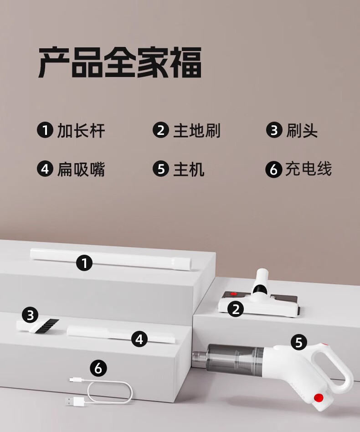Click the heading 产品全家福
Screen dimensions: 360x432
click(120, 62)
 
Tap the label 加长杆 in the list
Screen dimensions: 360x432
click(81, 130)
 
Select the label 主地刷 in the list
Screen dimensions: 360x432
click(197, 130)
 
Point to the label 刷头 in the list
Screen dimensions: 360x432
click(302, 130)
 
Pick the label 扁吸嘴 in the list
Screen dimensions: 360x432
click(81, 169)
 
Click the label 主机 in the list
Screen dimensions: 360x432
click(189, 169)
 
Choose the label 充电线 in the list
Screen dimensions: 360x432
click(308, 169)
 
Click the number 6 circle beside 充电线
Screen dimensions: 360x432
click(273, 169)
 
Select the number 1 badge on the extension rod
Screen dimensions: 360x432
click(84, 263)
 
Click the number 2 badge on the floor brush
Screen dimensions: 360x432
click(236, 309)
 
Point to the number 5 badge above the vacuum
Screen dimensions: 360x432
click(299, 343)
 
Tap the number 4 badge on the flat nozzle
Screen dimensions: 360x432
click(139, 339)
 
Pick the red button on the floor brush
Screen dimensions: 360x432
click(234, 294)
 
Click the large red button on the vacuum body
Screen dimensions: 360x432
click(319, 397)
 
